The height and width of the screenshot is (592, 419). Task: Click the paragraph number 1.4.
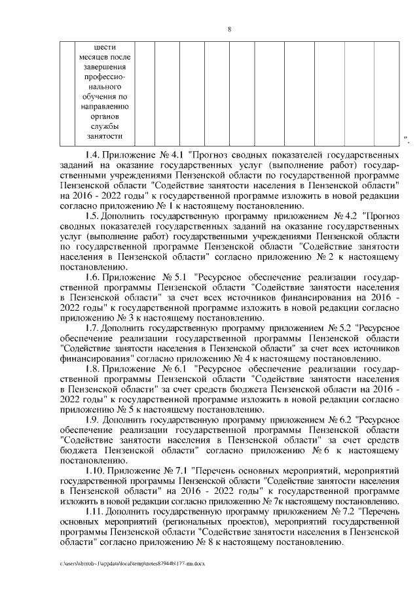(x=94, y=155)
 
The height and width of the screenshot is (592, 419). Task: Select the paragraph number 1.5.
(x=94, y=215)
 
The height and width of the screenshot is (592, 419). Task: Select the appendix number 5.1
(x=179, y=277)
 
